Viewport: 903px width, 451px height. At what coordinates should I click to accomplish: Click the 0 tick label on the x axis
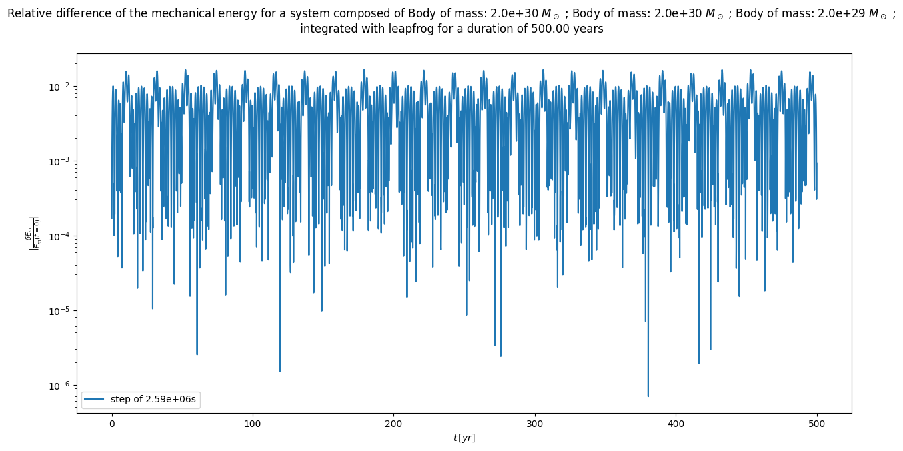pyautogui.click(x=112, y=424)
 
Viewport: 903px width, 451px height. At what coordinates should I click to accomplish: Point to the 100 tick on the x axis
pyautogui.click(x=253, y=424)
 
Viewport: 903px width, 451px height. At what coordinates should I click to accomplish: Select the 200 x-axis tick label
pyautogui.click(x=394, y=424)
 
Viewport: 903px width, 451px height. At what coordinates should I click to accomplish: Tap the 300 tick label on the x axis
pyautogui.click(x=535, y=424)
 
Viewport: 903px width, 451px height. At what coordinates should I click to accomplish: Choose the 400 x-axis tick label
pyautogui.click(x=676, y=424)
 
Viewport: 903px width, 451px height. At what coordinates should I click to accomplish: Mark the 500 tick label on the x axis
pyautogui.click(x=817, y=424)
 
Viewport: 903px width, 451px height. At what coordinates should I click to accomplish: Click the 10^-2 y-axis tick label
pyautogui.click(x=62, y=87)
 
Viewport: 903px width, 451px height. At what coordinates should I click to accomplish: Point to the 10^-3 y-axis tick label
pyautogui.click(x=62, y=162)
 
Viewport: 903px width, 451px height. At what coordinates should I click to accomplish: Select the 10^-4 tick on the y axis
pyautogui.click(x=62, y=237)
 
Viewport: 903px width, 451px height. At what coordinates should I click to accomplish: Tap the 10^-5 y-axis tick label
pyautogui.click(x=62, y=312)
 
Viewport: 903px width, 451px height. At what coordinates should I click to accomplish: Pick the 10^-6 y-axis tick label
pyautogui.click(x=62, y=386)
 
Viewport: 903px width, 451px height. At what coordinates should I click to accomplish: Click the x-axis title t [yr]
pyautogui.click(x=464, y=438)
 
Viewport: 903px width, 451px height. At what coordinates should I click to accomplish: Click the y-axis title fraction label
pyautogui.click(x=33, y=233)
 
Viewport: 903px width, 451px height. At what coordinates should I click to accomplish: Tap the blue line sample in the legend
pyautogui.click(x=95, y=400)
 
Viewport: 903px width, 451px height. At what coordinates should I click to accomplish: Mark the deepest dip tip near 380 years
pyautogui.click(x=648, y=396)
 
